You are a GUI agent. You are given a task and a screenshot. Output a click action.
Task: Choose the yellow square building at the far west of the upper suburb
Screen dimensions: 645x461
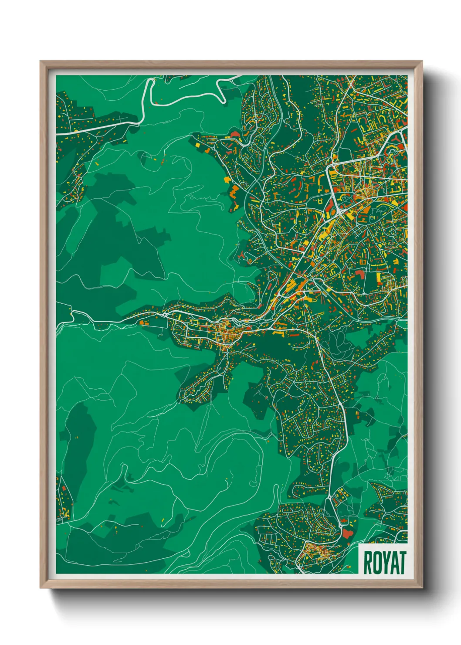[x=197, y=144]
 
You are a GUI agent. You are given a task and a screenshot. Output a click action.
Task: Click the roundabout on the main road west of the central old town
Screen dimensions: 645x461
[x=164, y=314]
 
